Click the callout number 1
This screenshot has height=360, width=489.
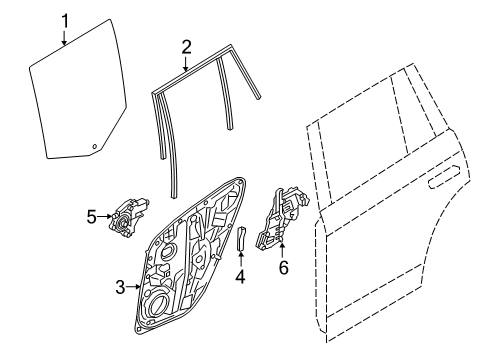(65, 21)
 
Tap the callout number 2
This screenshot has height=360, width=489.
(187, 47)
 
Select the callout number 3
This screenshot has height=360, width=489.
(120, 287)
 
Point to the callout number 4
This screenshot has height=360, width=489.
(240, 277)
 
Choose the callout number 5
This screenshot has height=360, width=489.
(92, 217)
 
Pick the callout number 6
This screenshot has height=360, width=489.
(284, 267)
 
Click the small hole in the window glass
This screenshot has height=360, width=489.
(95, 146)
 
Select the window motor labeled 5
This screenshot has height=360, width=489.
(128, 217)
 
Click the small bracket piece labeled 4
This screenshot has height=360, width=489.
(241, 238)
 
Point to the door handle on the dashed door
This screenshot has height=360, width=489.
(444, 176)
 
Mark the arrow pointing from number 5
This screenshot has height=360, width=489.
(105, 217)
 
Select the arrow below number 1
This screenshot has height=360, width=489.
(65, 37)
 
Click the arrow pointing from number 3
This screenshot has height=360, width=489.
(133, 287)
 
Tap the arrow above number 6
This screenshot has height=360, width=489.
(283, 251)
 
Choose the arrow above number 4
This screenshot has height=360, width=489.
(241, 259)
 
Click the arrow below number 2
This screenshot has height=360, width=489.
(186, 63)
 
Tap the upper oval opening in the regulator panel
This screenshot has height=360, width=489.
(169, 251)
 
